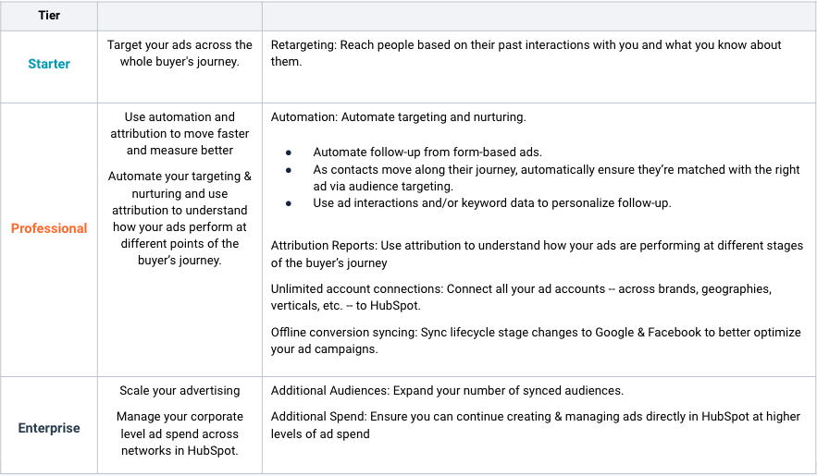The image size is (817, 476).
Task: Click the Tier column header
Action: [x=49, y=16]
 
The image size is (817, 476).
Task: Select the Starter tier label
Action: [x=49, y=64]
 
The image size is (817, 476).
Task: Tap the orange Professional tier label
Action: [x=49, y=228]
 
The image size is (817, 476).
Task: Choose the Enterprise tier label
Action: [x=49, y=428]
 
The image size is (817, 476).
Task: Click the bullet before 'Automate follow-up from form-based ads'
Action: [x=289, y=153]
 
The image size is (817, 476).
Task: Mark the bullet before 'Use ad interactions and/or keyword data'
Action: [x=289, y=203]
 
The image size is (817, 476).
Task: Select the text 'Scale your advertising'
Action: [x=179, y=390]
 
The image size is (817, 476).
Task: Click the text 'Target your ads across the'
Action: [x=179, y=45]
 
